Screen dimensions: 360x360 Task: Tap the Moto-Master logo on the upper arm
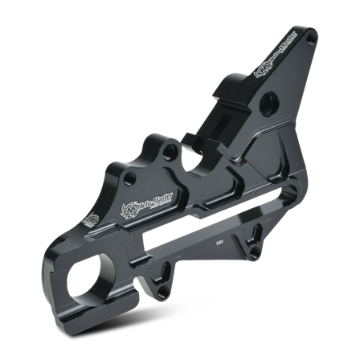pos(264,66)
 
